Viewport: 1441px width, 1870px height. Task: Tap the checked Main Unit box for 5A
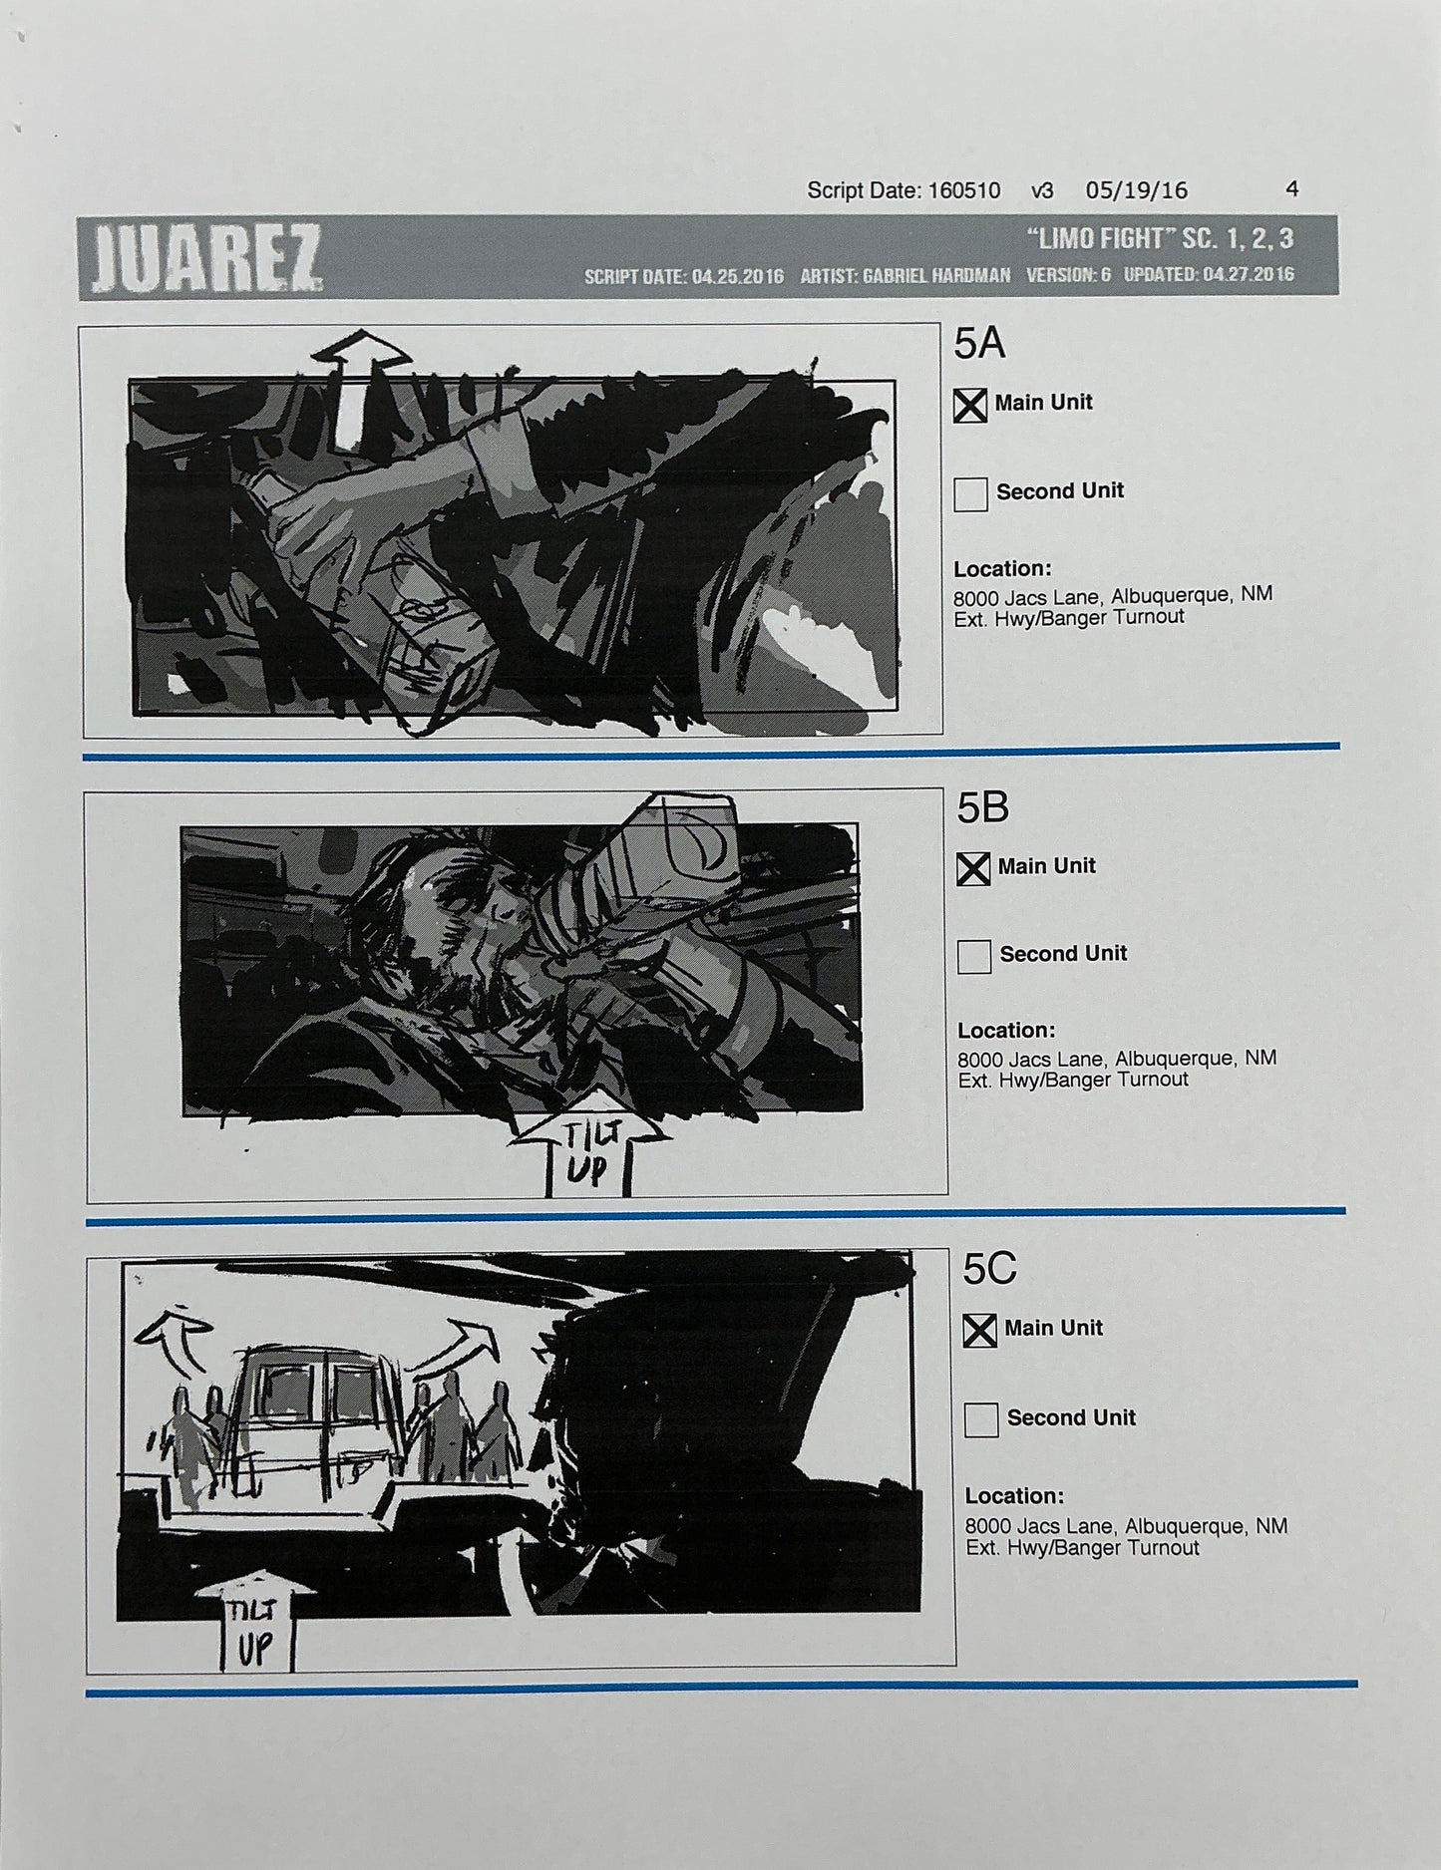(970, 405)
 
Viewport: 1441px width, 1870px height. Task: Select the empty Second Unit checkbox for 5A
(970, 493)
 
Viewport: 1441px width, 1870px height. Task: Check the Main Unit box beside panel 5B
(973, 868)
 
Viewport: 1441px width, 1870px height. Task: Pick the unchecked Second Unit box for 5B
(973, 956)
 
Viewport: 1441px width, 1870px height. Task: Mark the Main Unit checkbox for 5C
(979, 1330)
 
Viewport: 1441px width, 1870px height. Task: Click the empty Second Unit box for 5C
(981, 1419)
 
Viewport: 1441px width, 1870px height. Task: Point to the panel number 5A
(979, 344)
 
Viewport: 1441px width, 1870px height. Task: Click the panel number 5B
(982, 807)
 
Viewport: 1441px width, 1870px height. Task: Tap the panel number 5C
(989, 1269)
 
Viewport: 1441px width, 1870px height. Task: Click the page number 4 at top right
(1292, 189)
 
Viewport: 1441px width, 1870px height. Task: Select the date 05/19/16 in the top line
(1137, 190)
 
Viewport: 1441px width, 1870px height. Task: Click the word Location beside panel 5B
(1005, 1031)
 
